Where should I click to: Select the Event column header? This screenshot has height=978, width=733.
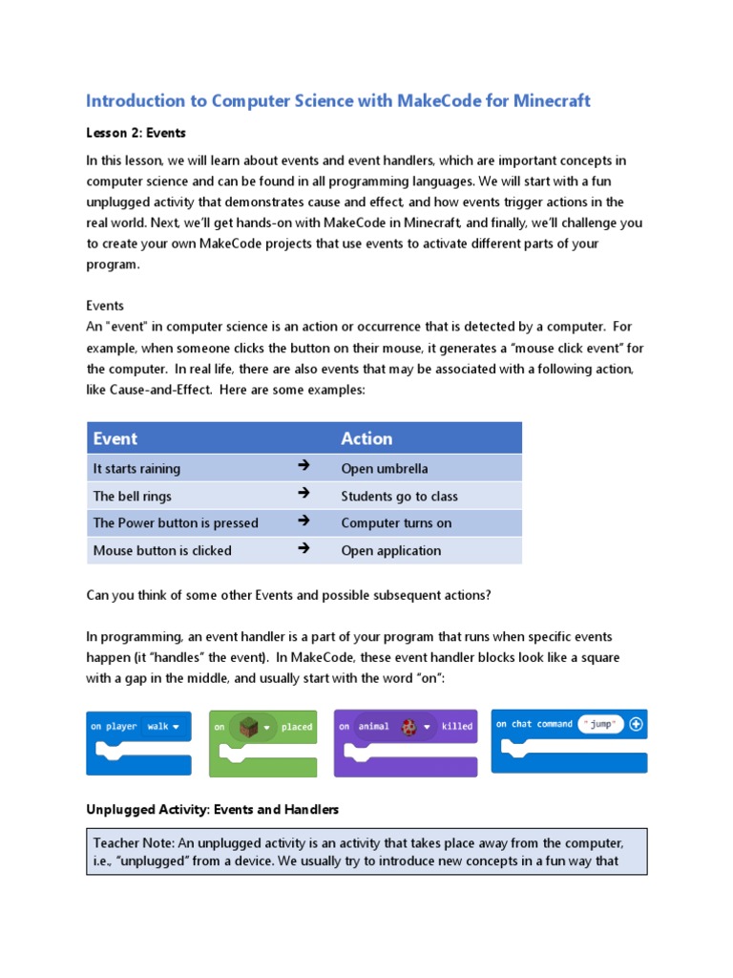point(115,438)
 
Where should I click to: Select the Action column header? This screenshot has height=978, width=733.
point(366,438)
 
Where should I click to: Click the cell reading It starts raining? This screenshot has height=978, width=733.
point(136,469)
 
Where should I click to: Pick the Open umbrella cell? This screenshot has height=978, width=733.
point(385,469)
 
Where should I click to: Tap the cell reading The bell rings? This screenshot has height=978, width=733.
point(133,497)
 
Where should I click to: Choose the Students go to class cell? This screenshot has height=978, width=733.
point(399,497)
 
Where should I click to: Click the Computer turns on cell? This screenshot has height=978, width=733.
point(396,523)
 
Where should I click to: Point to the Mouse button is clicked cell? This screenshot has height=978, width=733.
point(162,551)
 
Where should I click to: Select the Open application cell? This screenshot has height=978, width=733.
point(391,551)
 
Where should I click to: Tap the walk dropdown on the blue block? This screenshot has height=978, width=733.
point(163,727)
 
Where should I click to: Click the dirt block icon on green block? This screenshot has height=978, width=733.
point(247,727)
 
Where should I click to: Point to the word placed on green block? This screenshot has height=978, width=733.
point(297,727)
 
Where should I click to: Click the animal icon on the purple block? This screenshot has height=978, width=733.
point(408,727)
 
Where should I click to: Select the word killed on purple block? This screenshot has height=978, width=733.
point(457,727)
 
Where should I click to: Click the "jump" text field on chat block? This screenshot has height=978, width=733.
point(601,725)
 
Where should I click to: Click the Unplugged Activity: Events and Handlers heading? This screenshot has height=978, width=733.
point(212,810)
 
